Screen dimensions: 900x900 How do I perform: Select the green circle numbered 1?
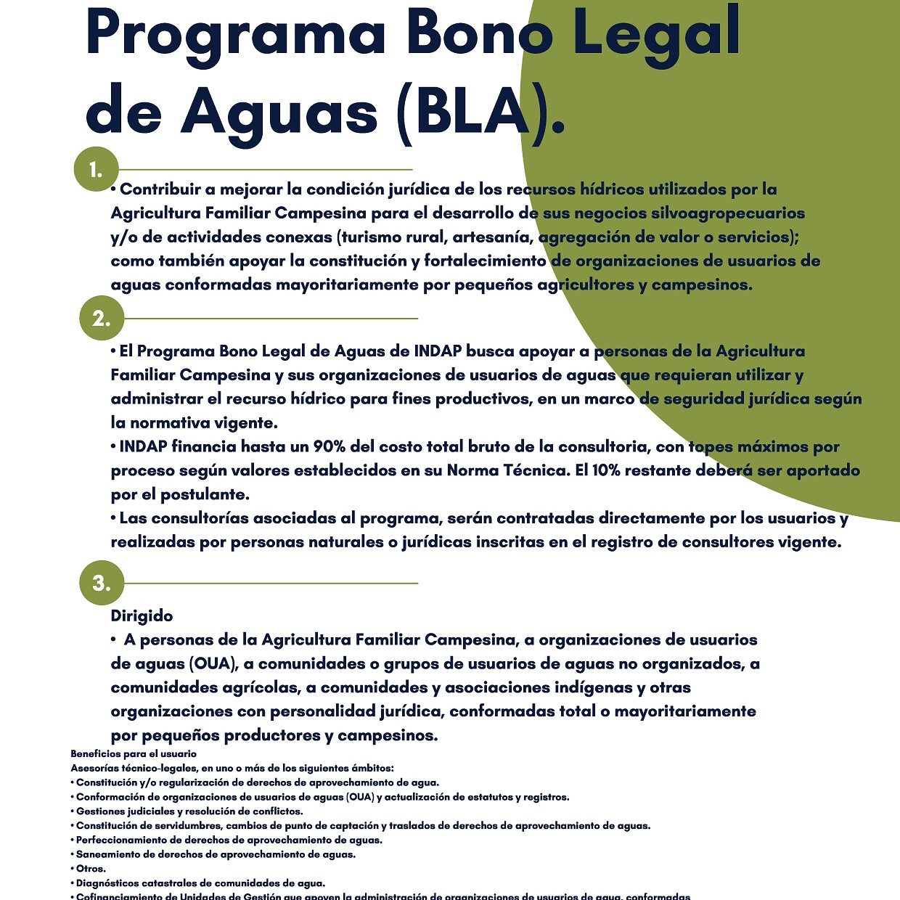click(x=96, y=170)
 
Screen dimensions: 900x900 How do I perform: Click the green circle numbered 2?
click(x=102, y=319)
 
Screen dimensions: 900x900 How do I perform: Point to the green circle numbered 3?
click(x=102, y=583)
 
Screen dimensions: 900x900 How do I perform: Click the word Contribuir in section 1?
click(x=160, y=189)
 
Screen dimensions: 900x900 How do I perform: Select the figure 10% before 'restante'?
click(x=606, y=470)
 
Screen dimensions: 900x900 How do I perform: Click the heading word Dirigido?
click(x=142, y=616)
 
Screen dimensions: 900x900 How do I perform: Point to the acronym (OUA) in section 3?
click(x=213, y=663)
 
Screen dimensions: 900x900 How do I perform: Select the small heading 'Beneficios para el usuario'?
click(x=134, y=754)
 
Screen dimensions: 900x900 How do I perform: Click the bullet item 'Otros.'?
click(x=91, y=869)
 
